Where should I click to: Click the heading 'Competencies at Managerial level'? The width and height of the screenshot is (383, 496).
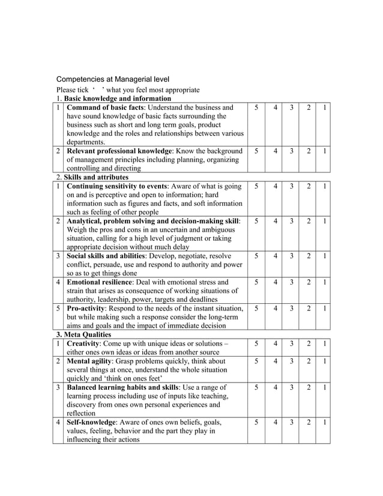coord(112,79)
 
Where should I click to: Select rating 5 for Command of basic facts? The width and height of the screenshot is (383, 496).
coord(256,107)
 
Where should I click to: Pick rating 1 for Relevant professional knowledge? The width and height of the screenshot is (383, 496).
coord(324,151)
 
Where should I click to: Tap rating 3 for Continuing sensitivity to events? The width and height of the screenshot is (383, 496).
coord(291,186)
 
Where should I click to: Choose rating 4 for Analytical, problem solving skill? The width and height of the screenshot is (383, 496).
coord(275,221)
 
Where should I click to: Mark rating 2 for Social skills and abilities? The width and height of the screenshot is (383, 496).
coord(308,256)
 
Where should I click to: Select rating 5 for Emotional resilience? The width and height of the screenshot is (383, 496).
coord(256,282)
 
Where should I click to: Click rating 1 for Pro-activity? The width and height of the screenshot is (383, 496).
coord(324,308)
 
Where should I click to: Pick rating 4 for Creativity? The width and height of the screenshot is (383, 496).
coord(275,343)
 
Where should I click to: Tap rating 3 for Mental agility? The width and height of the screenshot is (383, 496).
coord(291,361)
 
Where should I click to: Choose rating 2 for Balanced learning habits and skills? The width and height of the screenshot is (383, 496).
coord(308,387)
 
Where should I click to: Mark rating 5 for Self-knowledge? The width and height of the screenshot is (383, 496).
coord(256,422)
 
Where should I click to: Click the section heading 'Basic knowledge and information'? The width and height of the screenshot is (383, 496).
coord(118,98)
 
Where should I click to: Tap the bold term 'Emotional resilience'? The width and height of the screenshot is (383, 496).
coord(100,282)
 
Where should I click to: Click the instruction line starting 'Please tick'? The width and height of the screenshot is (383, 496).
coord(127,89)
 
